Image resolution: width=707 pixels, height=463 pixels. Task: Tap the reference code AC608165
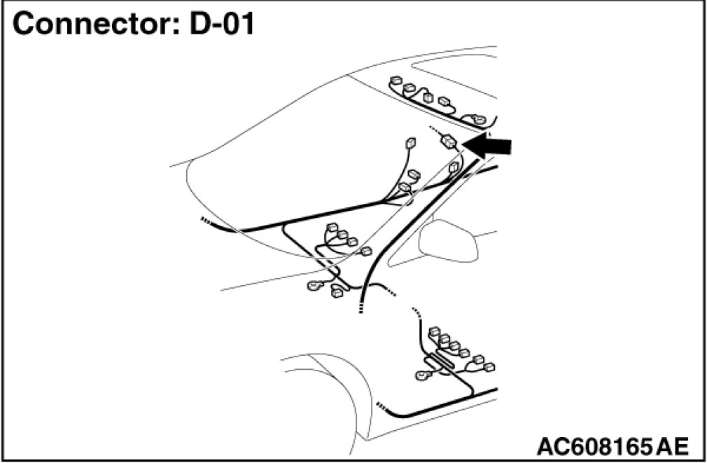(x=592, y=445)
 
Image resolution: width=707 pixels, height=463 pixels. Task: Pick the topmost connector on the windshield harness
(x=410, y=144)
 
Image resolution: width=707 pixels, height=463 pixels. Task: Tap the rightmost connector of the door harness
(x=490, y=366)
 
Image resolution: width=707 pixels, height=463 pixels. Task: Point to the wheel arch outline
(x=329, y=371)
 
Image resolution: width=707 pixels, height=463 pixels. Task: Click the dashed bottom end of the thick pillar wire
(x=360, y=305)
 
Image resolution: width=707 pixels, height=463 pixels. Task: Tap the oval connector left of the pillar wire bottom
(x=314, y=285)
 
